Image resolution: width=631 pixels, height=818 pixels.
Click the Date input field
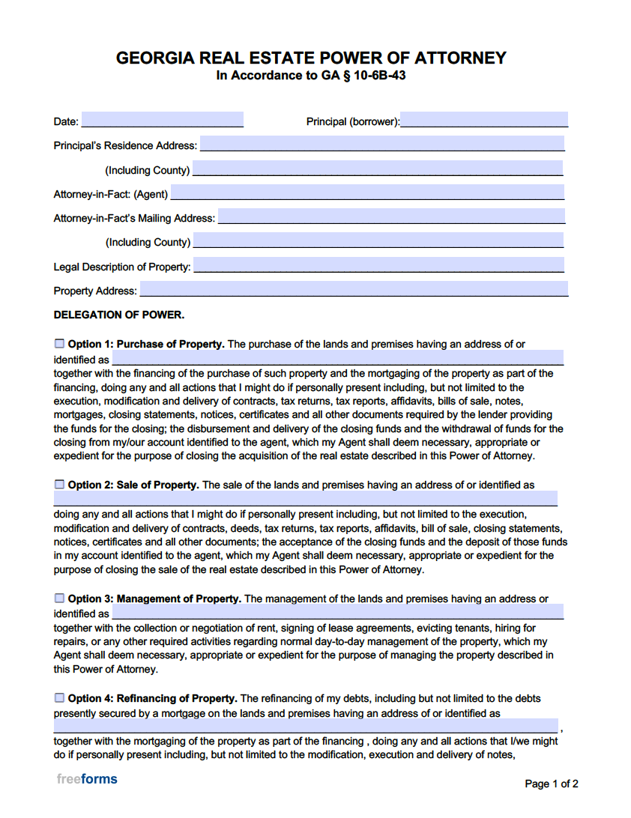[x=162, y=120]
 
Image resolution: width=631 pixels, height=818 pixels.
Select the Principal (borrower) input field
[x=483, y=120]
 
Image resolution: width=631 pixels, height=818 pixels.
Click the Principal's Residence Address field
[x=381, y=144]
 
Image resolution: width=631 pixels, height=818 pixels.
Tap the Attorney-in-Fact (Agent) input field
[x=367, y=193]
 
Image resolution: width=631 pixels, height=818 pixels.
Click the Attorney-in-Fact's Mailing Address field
[x=390, y=216]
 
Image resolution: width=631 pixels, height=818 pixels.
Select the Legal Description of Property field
[x=378, y=265]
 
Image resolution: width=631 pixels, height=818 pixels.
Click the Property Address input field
[x=353, y=289]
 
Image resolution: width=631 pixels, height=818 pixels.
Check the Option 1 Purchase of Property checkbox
[x=59, y=344]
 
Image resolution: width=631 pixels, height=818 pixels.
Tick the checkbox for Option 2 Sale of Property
[x=59, y=485]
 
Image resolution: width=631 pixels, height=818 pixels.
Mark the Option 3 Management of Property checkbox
[x=59, y=599]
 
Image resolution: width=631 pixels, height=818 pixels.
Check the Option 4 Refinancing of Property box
[x=59, y=698]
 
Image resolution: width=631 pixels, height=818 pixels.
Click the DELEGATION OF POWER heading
[x=118, y=315]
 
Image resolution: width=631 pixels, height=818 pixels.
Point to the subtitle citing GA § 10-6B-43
[x=311, y=76]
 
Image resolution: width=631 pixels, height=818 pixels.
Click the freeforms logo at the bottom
[x=87, y=779]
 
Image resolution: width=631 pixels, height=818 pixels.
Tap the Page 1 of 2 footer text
[x=551, y=784]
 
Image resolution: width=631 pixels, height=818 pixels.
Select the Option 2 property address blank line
[x=305, y=499]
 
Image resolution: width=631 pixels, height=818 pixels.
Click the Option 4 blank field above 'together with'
[x=305, y=727]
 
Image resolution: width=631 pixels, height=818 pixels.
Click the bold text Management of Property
[x=178, y=599]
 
